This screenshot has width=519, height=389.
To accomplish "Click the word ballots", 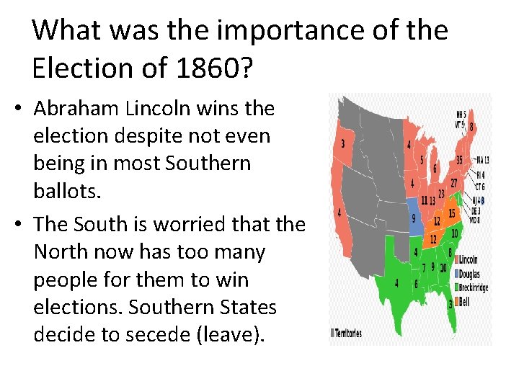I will [66, 190].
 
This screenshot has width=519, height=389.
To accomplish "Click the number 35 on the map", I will [458, 160].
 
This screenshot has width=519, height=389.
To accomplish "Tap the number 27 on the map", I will [455, 183].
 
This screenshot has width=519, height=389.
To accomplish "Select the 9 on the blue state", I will [413, 217].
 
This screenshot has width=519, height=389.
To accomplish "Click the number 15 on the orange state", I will [451, 214].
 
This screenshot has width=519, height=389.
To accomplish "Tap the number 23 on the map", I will [442, 196].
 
